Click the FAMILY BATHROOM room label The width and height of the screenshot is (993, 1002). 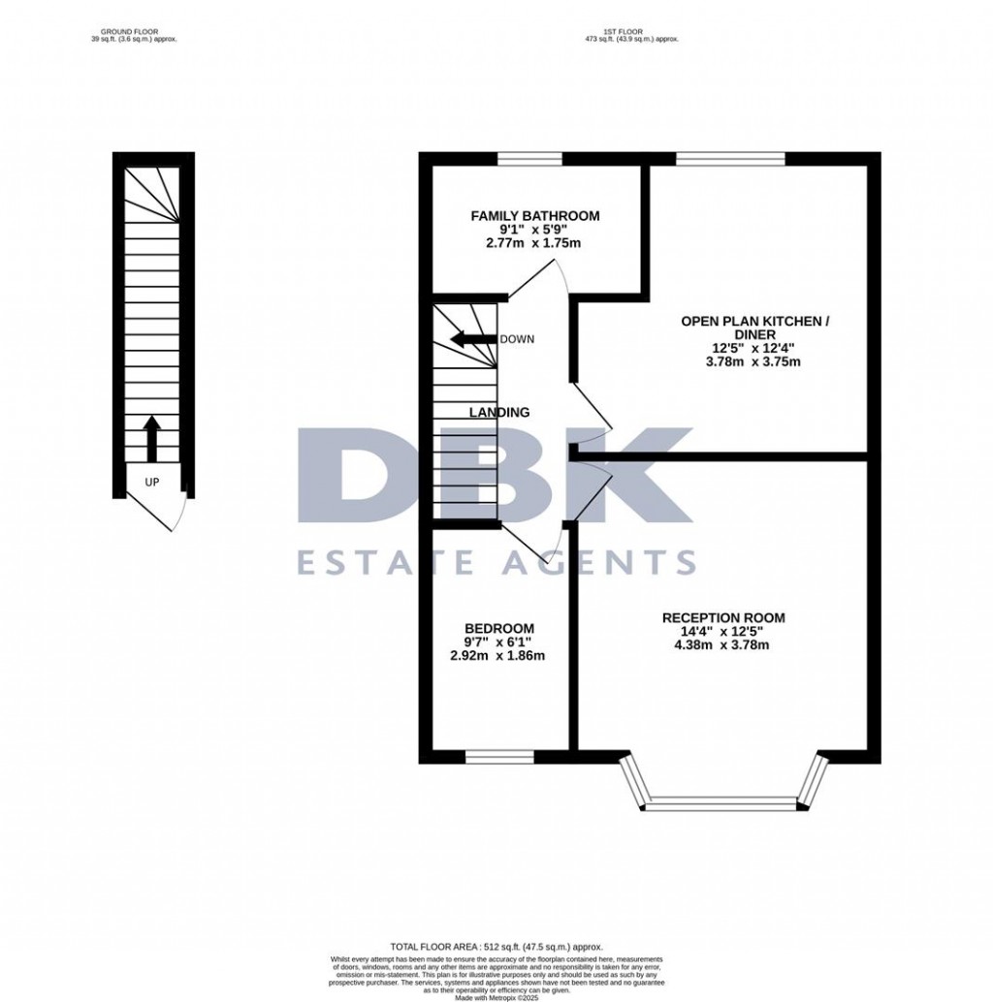(x=534, y=216)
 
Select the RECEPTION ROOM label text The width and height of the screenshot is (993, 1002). (x=723, y=617)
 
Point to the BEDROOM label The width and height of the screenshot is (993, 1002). (x=498, y=628)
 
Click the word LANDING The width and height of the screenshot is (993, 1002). (x=499, y=412)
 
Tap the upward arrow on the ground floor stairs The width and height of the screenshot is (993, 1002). (x=152, y=439)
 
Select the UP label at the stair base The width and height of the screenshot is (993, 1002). (x=152, y=482)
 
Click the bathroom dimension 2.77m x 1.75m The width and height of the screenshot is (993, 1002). (x=534, y=243)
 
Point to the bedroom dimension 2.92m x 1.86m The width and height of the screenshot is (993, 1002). (x=498, y=655)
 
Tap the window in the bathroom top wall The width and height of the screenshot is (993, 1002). (x=530, y=159)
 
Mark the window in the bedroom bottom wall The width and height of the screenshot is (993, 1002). (x=499, y=756)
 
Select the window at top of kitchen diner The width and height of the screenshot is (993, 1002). (x=730, y=159)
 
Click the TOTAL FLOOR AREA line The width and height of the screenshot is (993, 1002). (x=496, y=947)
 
